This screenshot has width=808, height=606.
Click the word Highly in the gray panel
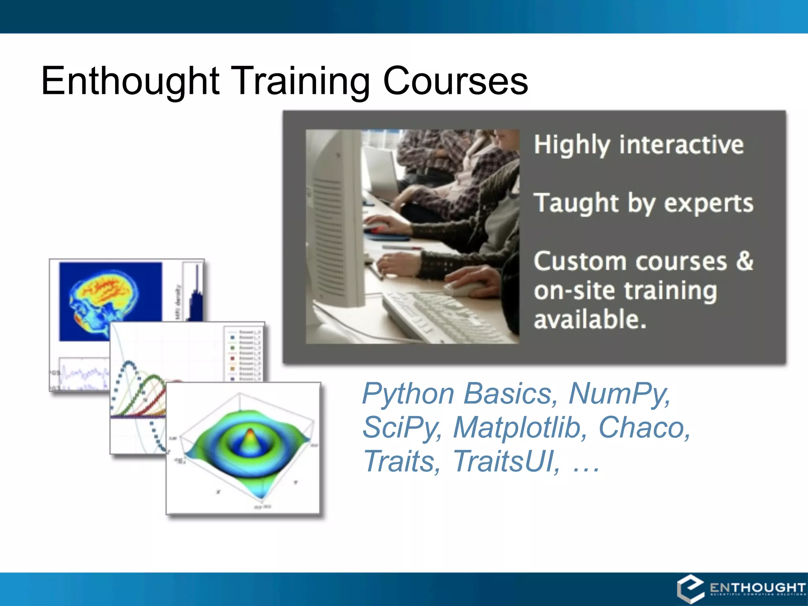coord(572,145)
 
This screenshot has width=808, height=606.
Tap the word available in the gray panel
coord(590,319)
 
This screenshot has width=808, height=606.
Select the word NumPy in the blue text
coord(619,393)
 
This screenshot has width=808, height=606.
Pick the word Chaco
coord(644,427)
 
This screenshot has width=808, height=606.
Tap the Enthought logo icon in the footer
coord(691,589)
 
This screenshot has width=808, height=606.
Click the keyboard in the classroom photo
coord(438,316)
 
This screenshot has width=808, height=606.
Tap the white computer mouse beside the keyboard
coord(466,288)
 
